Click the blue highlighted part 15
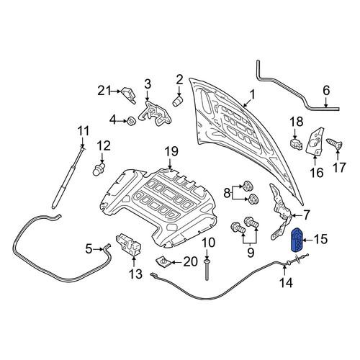pos(297,239)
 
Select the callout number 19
pos(171,151)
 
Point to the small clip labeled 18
pos(296,143)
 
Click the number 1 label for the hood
pos(252,95)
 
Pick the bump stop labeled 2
pos(178,102)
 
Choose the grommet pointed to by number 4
pos(131,121)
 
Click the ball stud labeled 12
pos(99,169)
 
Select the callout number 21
pos(104,91)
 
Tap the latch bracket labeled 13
pos(128,244)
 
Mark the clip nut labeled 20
pos(163,261)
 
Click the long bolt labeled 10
pos(207,269)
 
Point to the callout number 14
pos(286,283)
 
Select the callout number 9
pos(251,252)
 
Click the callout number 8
pos(227,193)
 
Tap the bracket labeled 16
pos(315,141)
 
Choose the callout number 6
pos(326,91)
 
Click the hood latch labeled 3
pos(155,113)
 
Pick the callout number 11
pos(83,131)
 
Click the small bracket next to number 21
pos(129,95)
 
